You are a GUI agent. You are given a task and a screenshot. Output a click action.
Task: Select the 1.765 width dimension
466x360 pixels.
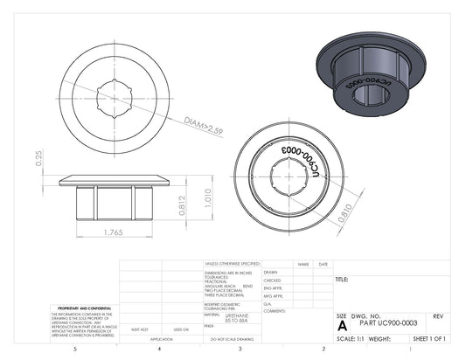click(x=112, y=232)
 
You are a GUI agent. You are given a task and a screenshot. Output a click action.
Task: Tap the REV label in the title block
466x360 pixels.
click(x=437, y=315)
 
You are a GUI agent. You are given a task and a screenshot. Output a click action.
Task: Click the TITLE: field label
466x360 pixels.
click(x=342, y=280)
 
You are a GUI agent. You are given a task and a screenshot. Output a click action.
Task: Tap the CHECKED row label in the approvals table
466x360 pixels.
click(x=272, y=280)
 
